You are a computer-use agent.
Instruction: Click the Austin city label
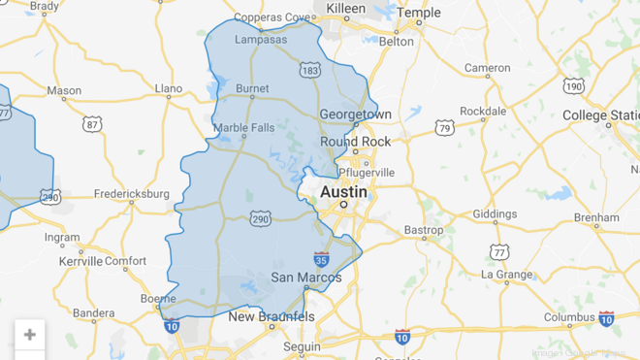(343, 191)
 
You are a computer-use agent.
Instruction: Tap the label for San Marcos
(305, 278)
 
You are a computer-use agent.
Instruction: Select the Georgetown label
(355, 114)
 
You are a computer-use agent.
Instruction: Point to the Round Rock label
(355, 141)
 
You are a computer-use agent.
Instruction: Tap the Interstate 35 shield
(321, 259)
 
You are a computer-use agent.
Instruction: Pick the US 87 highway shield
(92, 123)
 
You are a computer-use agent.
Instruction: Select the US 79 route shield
(444, 127)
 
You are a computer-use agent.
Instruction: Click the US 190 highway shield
(574, 86)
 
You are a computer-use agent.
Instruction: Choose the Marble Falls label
(243, 128)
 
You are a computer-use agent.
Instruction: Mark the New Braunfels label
(272, 316)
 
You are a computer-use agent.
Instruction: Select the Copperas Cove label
(272, 17)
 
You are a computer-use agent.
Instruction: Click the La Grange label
(507, 275)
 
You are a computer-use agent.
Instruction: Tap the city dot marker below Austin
(343, 205)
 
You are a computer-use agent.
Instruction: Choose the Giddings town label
(495, 213)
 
